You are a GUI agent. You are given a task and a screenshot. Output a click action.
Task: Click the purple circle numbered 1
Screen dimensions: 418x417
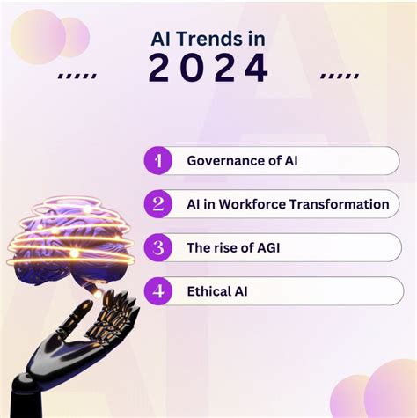157,161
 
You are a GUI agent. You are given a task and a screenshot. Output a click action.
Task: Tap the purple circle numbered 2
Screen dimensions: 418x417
157,204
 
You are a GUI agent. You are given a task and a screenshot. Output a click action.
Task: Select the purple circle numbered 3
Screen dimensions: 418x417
157,247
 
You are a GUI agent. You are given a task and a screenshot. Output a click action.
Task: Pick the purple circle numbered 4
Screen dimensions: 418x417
157,290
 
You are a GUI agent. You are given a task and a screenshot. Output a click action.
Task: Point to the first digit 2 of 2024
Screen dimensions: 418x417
159,70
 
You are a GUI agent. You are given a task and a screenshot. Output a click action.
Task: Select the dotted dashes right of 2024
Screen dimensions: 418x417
339,76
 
